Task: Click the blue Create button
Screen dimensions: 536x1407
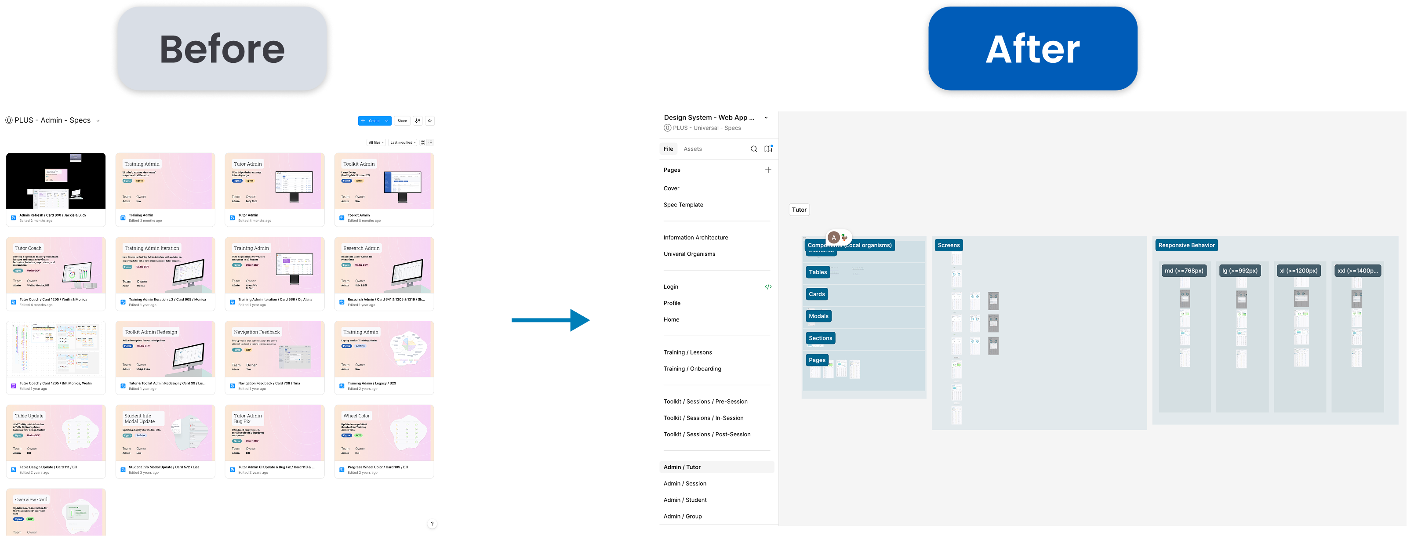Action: pos(371,121)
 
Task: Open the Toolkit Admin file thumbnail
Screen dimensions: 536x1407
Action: pos(384,181)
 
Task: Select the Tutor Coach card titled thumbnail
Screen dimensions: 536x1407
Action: pos(56,265)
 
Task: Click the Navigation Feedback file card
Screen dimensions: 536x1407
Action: pos(275,349)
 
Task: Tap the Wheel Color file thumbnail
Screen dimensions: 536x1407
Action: pos(384,433)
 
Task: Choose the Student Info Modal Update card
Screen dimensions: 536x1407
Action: pos(165,433)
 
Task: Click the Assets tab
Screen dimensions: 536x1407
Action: pos(693,149)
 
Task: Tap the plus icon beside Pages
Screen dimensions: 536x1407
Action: pos(768,170)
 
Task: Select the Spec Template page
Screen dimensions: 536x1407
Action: pos(684,205)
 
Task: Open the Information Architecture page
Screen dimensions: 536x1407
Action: pos(695,237)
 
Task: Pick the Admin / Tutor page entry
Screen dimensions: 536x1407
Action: pos(682,467)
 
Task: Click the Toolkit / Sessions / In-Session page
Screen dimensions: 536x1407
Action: pos(703,418)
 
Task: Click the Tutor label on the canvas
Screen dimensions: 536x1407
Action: pos(799,210)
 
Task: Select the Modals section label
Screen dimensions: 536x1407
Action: pos(818,316)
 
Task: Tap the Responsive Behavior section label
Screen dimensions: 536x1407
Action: pos(1186,245)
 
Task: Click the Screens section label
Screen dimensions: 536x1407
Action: pos(948,245)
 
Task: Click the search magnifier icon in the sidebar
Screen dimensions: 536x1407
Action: pos(754,149)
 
